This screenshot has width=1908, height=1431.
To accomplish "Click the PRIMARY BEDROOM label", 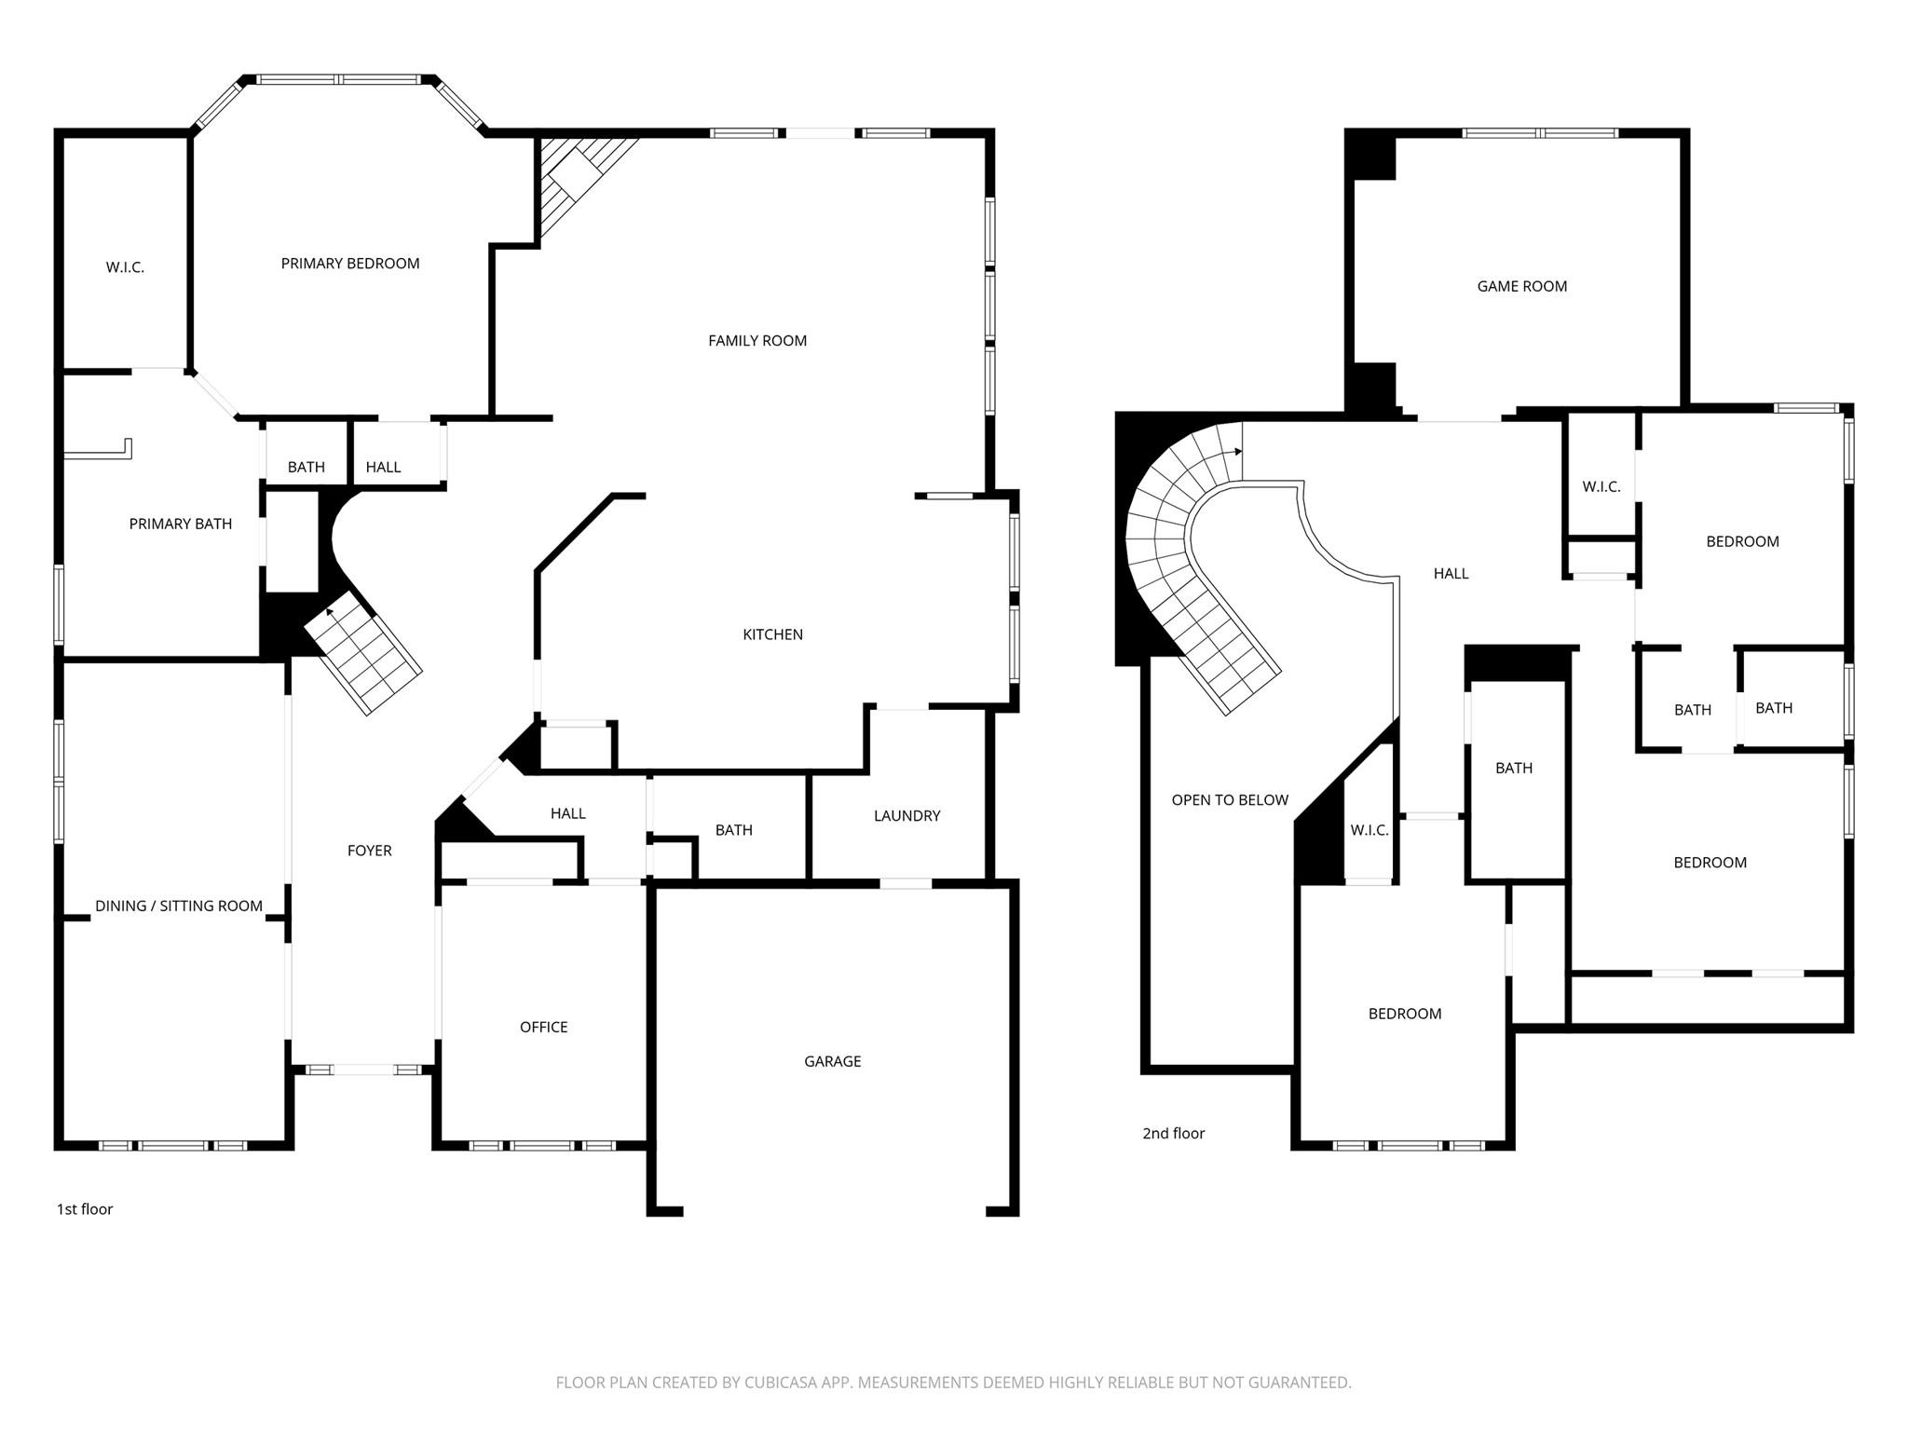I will click(350, 264).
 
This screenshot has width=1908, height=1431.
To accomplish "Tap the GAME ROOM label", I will click(1521, 286).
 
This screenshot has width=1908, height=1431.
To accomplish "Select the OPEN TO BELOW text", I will click(1229, 799).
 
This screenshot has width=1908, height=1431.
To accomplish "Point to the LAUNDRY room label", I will click(906, 815).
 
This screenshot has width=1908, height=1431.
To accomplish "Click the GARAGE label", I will click(832, 1060).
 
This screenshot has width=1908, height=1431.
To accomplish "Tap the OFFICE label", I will click(543, 1027).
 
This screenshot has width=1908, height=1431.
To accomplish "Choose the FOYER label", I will click(369, 850).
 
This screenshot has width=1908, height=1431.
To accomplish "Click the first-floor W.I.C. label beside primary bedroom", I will click(125, 267).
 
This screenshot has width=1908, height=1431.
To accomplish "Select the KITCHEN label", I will click(772, 634).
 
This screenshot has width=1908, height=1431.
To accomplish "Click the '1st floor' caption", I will click(85, 1208).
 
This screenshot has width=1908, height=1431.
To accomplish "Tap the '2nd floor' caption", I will click(1173, 1133).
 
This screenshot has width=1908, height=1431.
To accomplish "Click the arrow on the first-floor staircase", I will click(330, 612).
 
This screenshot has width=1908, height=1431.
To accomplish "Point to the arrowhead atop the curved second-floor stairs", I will click(1238, 452).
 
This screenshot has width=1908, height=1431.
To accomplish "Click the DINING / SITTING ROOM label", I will click(178, 906).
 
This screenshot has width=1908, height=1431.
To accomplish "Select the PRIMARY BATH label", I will click(180, 524).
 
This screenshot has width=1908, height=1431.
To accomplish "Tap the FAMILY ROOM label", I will click(756, 340).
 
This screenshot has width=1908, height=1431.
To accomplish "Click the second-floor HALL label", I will click(1451, 574).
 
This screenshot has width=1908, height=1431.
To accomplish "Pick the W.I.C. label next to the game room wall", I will click(1601, 486).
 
